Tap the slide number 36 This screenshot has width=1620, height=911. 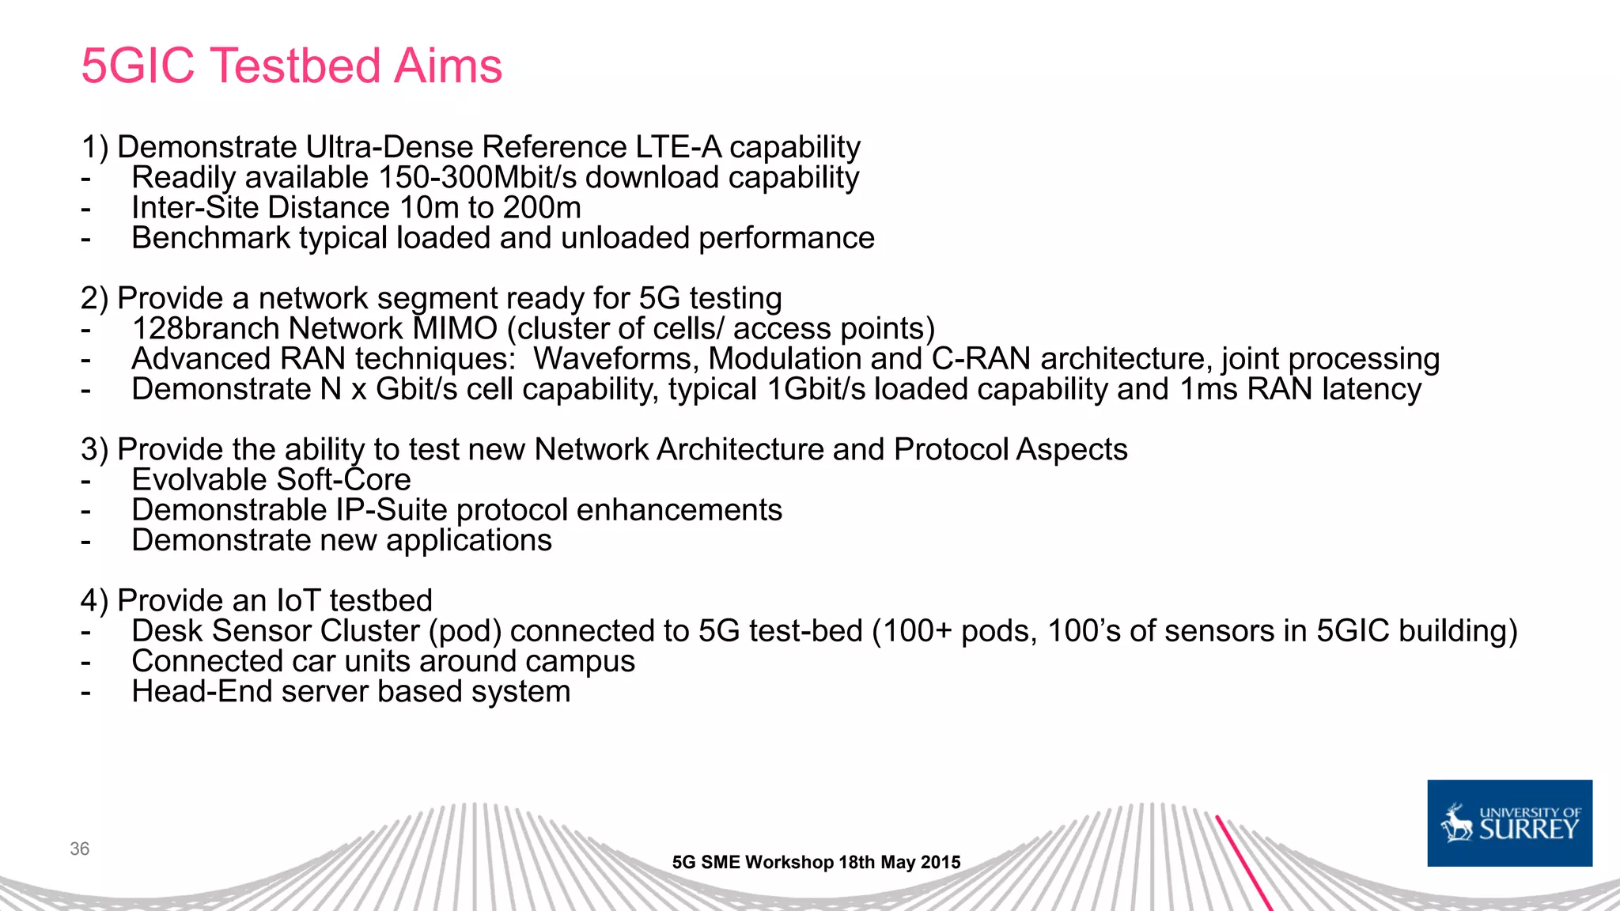79,849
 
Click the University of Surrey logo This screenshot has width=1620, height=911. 1509,823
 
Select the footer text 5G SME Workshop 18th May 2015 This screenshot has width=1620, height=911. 816,862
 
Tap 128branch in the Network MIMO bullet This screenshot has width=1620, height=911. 205,329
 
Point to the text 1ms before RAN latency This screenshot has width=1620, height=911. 1208,389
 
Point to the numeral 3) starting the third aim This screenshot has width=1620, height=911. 94,450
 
